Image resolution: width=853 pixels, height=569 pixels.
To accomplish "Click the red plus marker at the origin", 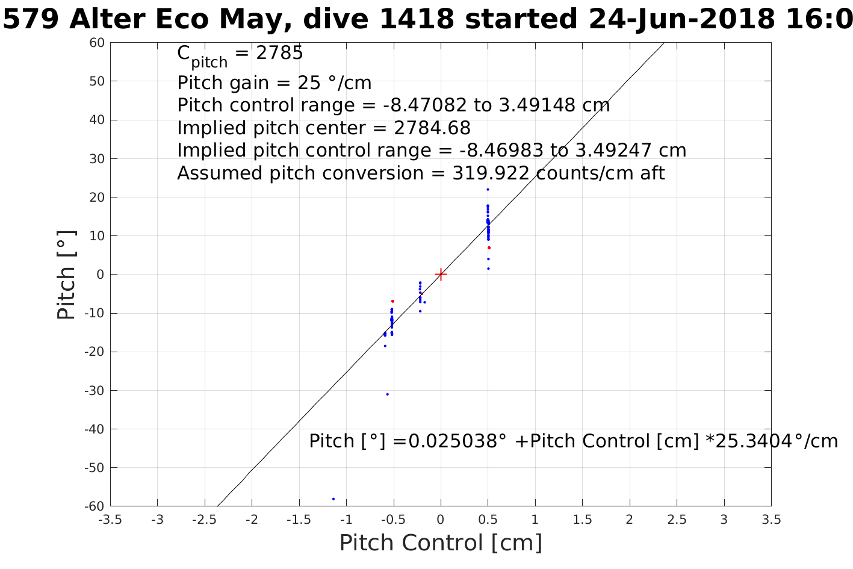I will coord(441,275).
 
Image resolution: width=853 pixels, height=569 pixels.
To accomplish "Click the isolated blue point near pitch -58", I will coord(333,499).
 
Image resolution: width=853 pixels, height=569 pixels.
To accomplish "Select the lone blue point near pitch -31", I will coord(387,394).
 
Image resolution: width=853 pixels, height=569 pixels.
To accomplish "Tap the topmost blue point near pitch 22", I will coord(488,190).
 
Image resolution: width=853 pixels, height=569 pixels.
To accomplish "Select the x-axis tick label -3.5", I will coord(110,520).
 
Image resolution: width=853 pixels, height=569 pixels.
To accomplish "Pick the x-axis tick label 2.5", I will coord(677,520).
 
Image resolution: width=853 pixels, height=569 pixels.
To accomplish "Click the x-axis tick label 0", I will coord(441,520).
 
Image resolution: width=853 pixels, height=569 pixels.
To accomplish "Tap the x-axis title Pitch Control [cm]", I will coord(441,543).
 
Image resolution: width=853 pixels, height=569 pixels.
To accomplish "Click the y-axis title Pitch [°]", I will coord(67,275).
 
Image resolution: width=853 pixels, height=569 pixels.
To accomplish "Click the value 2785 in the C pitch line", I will coord(279,54).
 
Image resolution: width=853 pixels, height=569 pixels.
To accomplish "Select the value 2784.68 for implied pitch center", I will coord(432,128).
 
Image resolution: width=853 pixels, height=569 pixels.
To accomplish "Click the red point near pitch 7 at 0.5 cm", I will coord(489,247).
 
